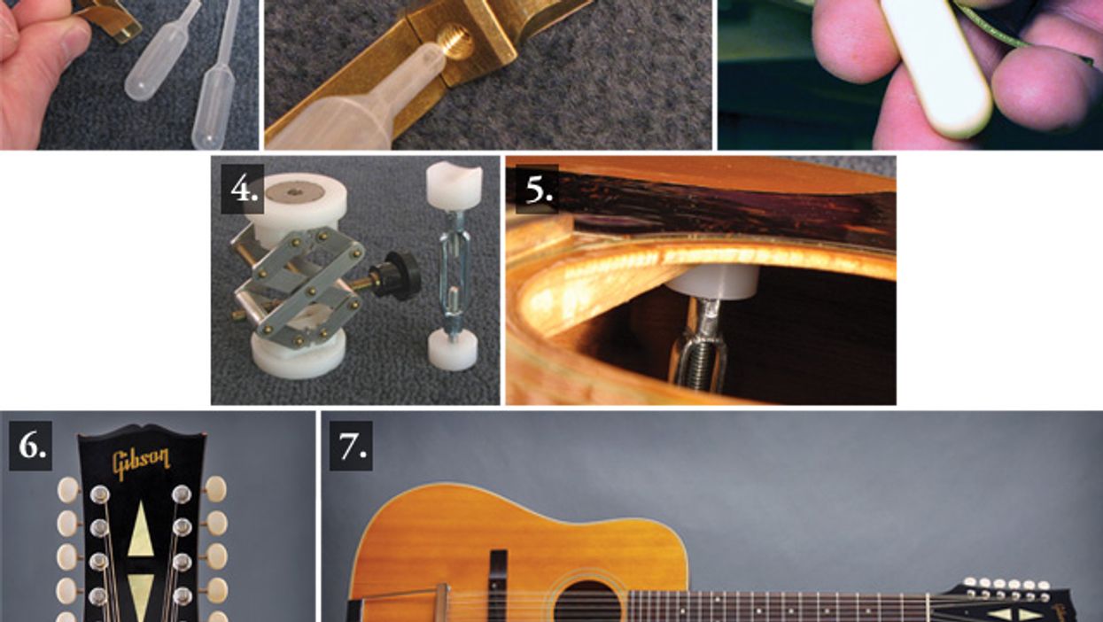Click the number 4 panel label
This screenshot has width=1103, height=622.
[x=242, y=189]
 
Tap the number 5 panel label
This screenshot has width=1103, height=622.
[x=537, y=189]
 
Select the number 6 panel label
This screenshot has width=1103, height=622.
[x=30, y=446]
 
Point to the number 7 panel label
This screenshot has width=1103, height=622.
[x=351, y=446]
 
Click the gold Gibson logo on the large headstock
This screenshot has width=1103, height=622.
[x=142, y=463]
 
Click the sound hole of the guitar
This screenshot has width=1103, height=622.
[x=587, y=603]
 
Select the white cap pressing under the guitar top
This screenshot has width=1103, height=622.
[x=712, y=283]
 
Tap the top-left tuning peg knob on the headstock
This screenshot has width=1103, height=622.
[x=68, y=489]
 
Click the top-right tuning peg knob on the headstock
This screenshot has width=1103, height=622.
[x=215, y=488]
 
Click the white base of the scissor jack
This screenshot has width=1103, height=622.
[x=299, y=355]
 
